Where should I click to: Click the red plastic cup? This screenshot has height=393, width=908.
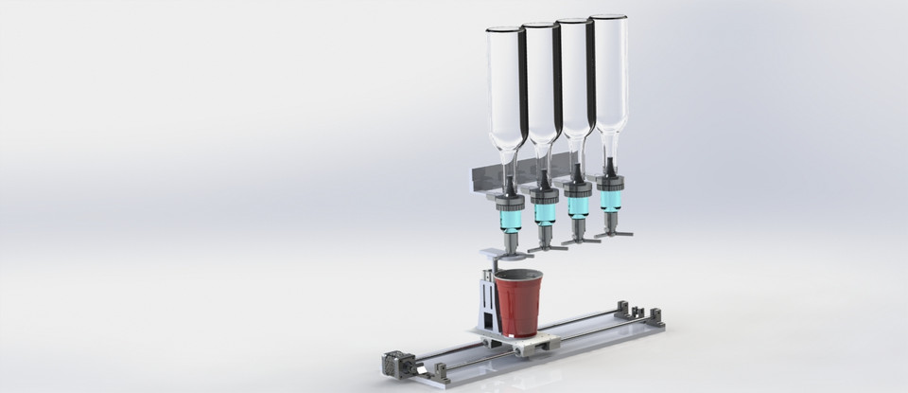(x=516, y=305)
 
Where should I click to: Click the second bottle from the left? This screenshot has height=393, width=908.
(x=541, y=85)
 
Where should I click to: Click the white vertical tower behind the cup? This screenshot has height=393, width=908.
(x=483, y=301)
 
